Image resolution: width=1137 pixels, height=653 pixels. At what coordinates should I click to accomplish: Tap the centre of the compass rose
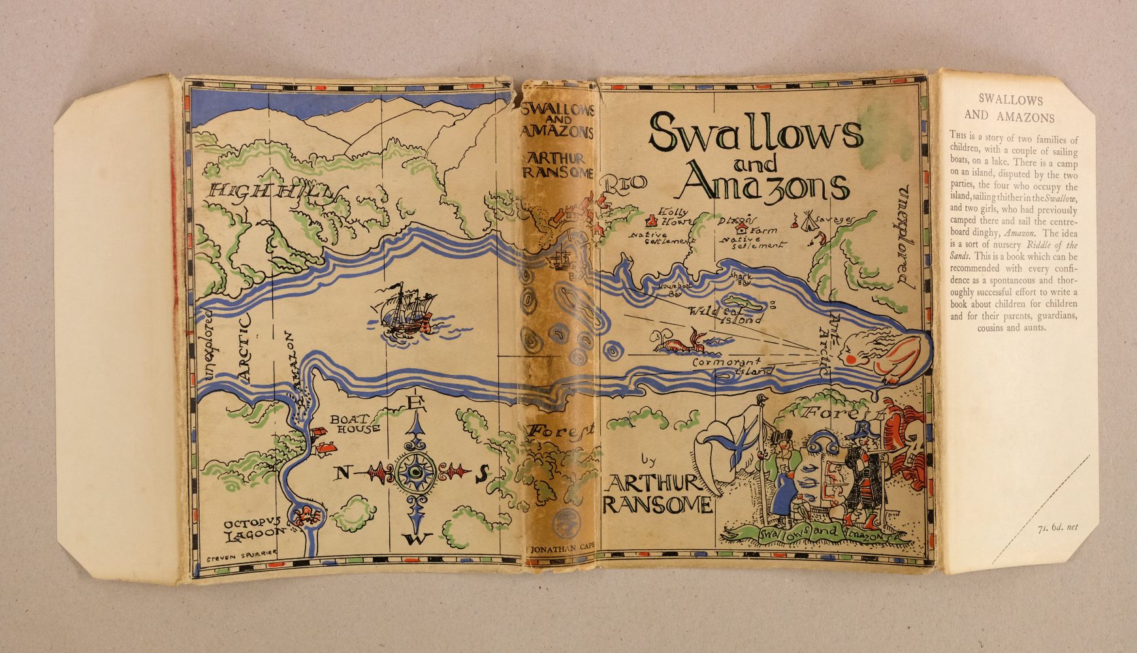pos(415,470)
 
